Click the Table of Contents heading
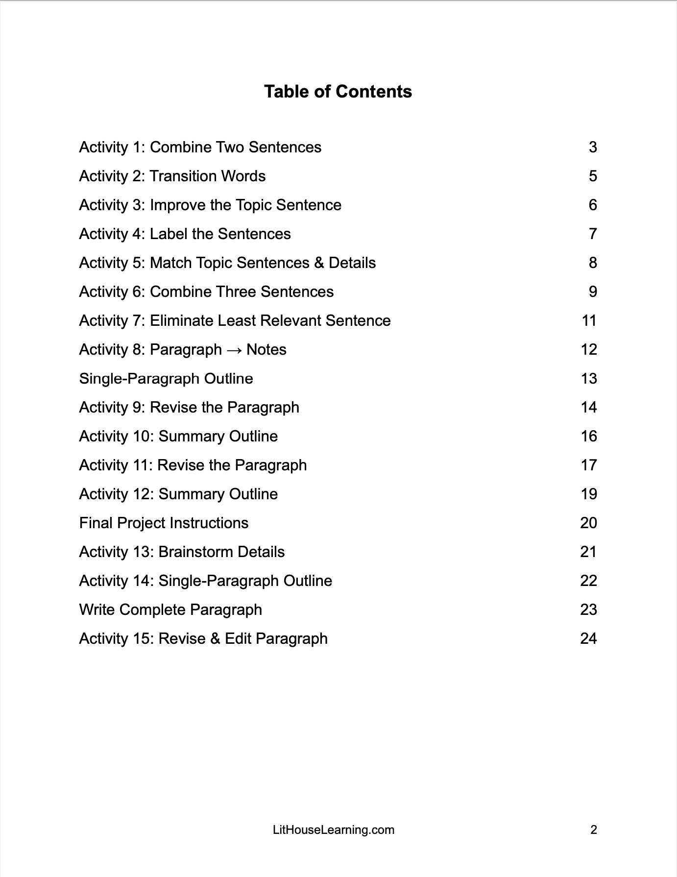(338, 92)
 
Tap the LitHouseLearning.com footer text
(333, 829)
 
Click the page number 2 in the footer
(593, 829)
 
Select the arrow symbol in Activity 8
(234, 350)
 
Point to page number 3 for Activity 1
(593, 147)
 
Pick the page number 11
(589, 321)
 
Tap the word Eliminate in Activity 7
(181, 321)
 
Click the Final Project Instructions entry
(164, 523)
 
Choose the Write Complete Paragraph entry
(170, 610)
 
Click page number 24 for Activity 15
(588, 639)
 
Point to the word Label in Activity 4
(169, 234)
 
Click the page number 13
(588, 379)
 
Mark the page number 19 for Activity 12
(588, 494)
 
